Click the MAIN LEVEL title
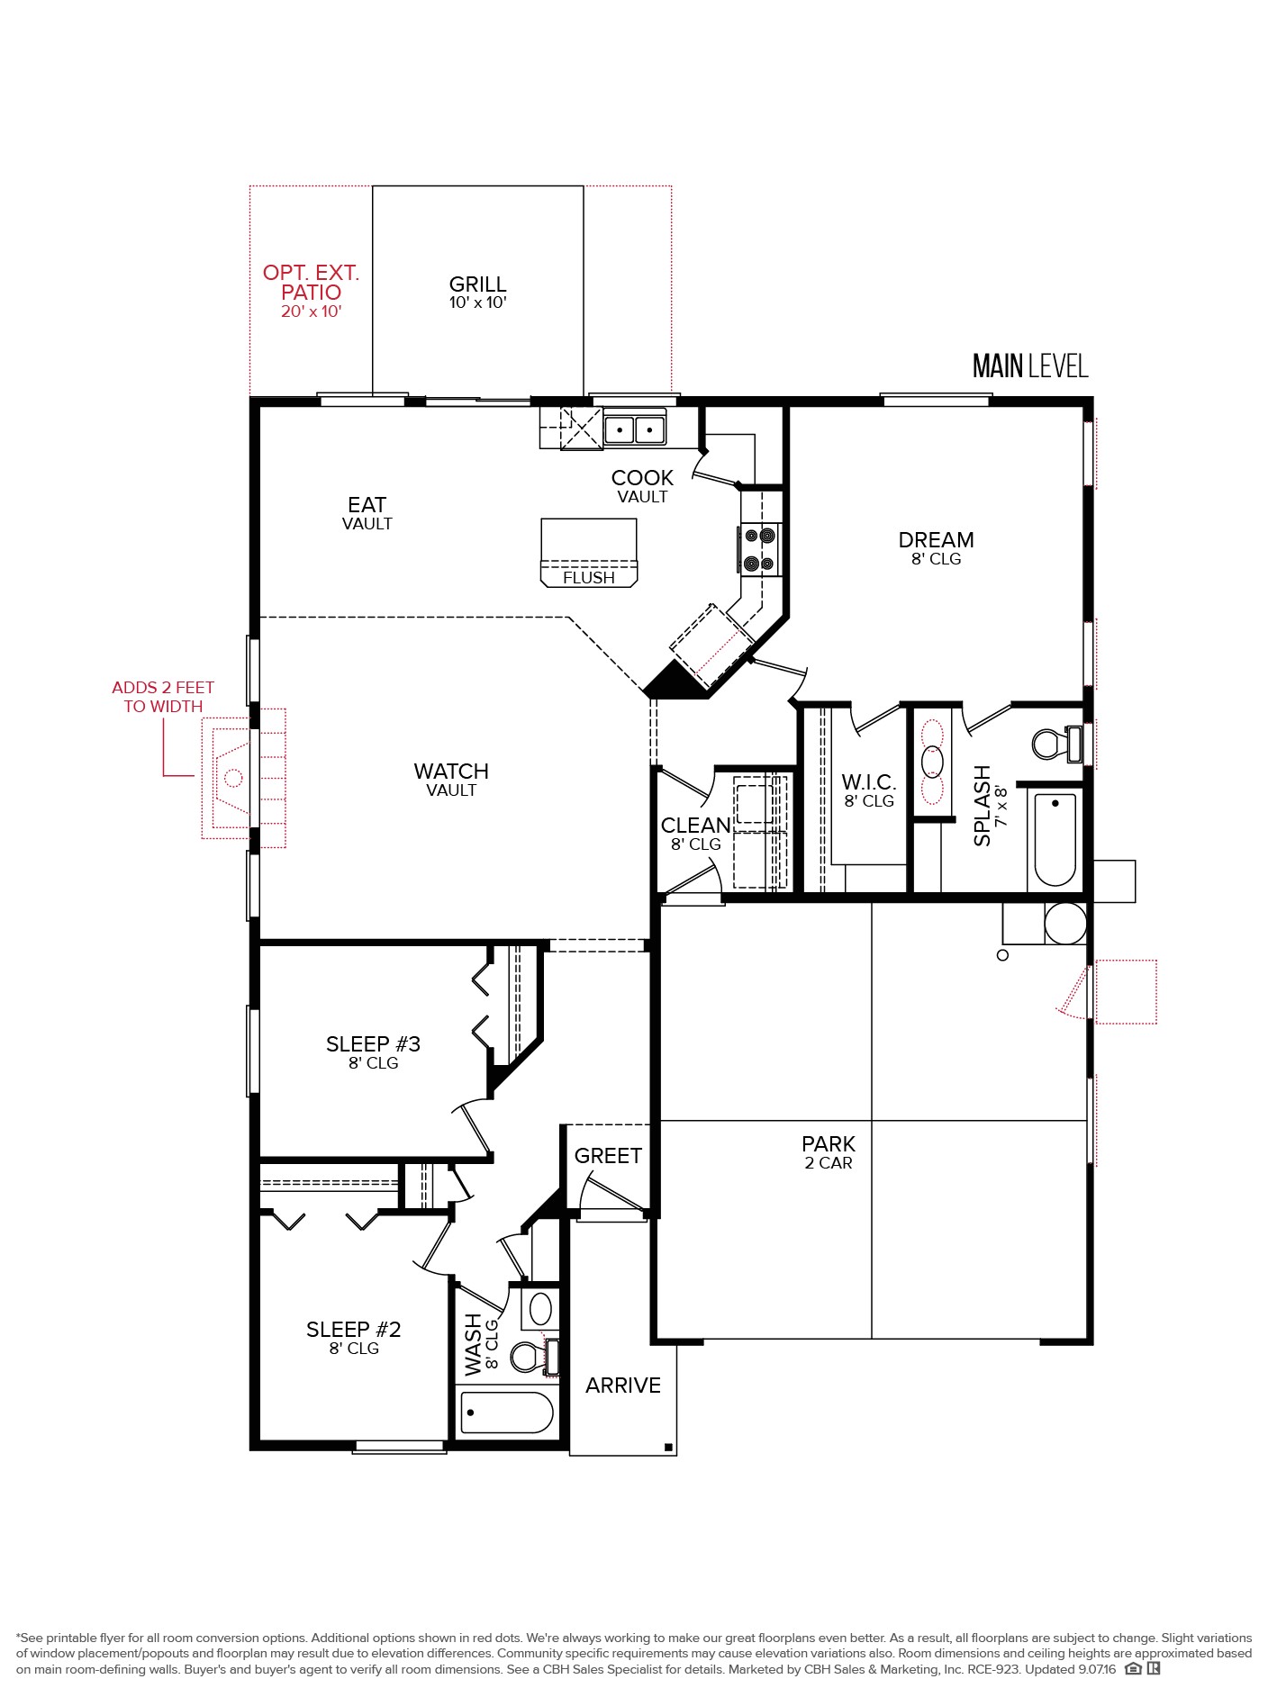[x=1030, y=366]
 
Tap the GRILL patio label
[x=477, y=293]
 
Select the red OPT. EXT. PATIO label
[x=311, y=291]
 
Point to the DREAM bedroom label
[x=936, y=547]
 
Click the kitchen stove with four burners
[x=759, y=549]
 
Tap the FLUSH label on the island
[x=589, y=578]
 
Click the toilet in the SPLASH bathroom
[x=1057, y=744]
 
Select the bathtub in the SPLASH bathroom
[x=1055, y=839]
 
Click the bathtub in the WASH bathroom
[x=507, y=1413]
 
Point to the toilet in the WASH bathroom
[x=533, y=1357]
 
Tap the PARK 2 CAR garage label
[x=829, y=1152]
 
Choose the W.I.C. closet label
[x=869, y=790]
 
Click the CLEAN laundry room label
[x=695, y=834]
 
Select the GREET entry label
[x=608, y=1156]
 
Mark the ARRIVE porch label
[x=623, y=1386]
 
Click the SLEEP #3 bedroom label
[x=373, y=1052]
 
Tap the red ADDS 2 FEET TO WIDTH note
[x=163, y=697]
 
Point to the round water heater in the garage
[x=1065, y=923]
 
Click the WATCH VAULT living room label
[x=451, y=780]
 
